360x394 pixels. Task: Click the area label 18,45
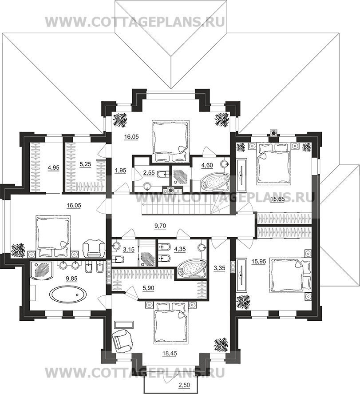[170, 353]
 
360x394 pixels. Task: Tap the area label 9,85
[71, 278]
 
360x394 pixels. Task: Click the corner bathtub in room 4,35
[191, 270]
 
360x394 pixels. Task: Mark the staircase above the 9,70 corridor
[186, 205]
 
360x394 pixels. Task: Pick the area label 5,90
[148, 288]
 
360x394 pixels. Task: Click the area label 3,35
[220, 268]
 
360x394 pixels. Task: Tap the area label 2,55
[148, 173]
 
